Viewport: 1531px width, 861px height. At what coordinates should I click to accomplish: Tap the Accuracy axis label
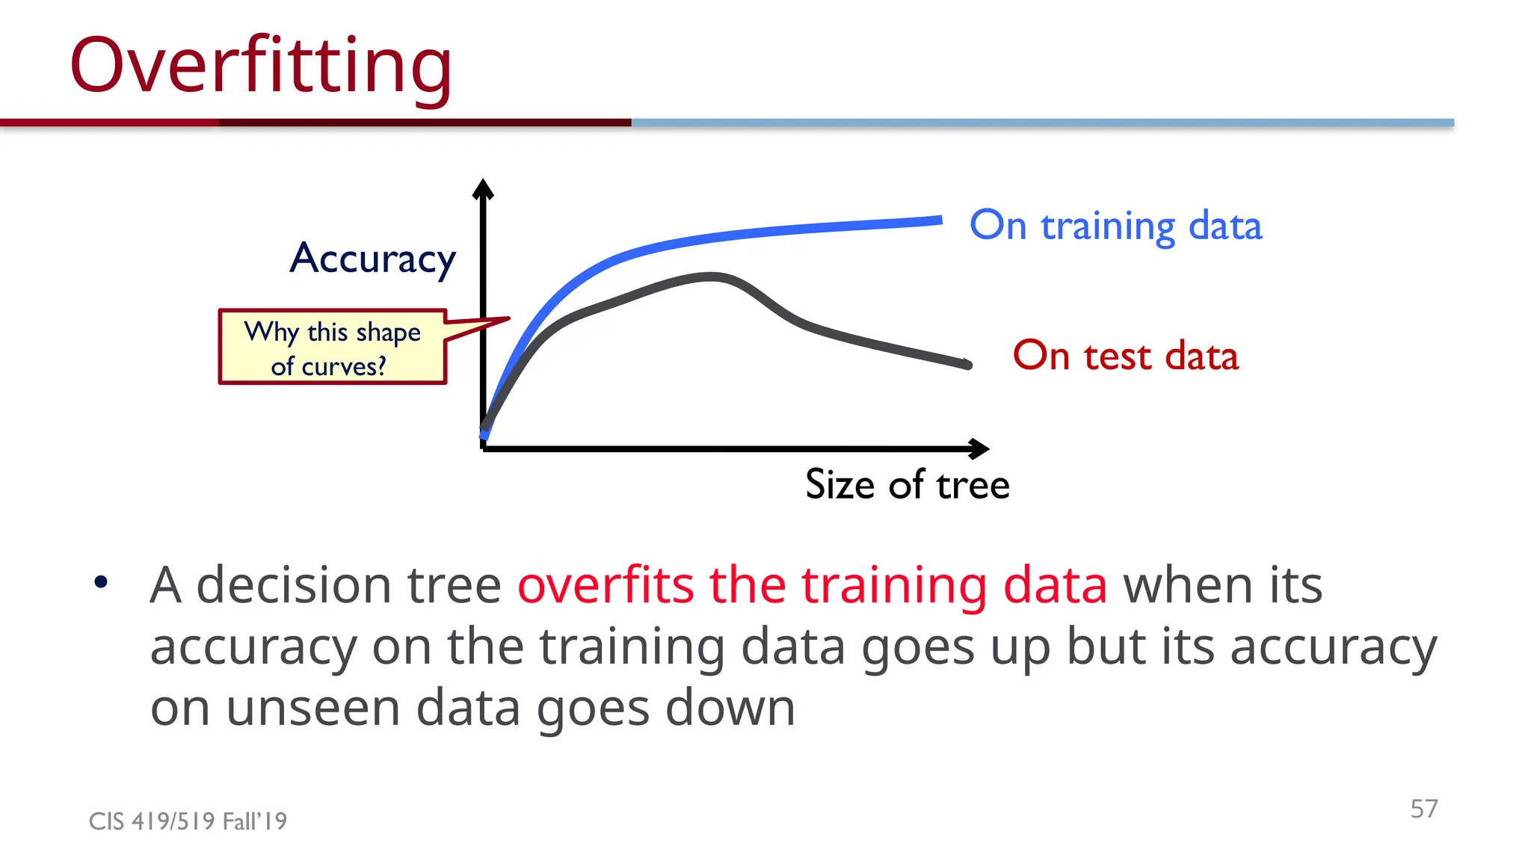tap(372, 259)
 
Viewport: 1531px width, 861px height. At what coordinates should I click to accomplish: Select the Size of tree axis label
tap(907, 484)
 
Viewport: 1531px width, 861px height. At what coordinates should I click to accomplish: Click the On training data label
tap(1115, 226)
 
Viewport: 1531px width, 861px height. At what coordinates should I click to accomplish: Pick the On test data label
tap(1125, 356)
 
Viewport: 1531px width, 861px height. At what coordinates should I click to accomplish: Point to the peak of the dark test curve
tap(712, 277)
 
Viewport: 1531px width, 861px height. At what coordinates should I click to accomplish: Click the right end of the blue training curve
tap(938, 220)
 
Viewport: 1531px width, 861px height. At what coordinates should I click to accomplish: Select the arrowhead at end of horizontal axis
tap(980, 448)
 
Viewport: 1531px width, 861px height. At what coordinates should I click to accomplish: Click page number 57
tap(1423, 808)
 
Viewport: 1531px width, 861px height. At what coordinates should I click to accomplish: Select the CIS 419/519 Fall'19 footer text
tap(188, 821)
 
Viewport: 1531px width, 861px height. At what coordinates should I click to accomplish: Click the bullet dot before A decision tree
tap(102, 582)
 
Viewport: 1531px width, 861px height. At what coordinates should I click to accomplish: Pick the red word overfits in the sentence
tap(606, 584)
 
